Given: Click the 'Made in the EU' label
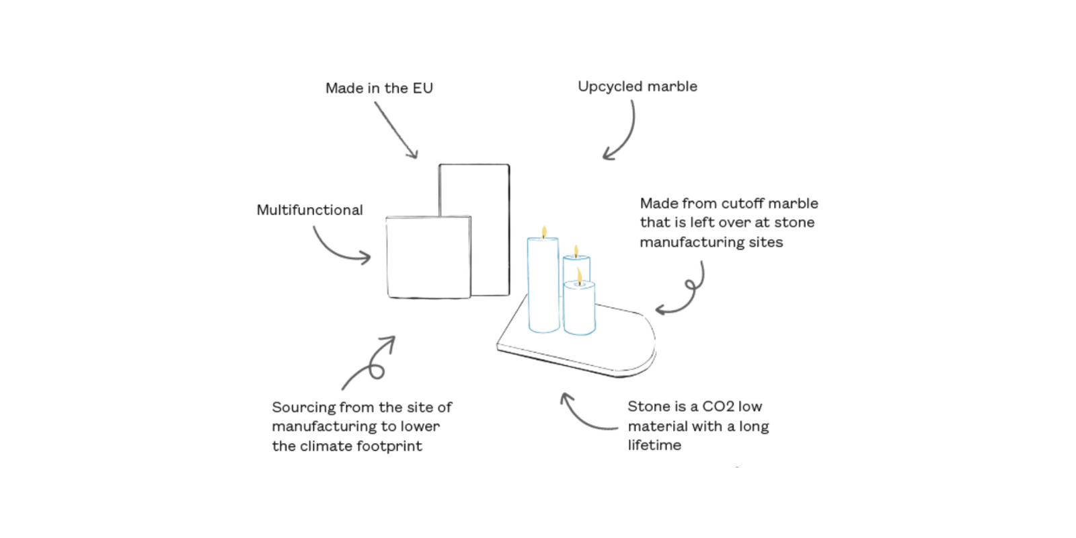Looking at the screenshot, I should (x=379, y=88).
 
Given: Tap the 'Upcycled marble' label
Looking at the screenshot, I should (x=637, y=87).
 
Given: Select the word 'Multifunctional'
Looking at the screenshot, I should (x=309, y=210).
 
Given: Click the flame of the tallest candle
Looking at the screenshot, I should (x=544, y=232).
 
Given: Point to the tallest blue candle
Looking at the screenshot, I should (x=543, y=286).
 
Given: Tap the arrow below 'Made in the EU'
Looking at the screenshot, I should (x=396, y=130).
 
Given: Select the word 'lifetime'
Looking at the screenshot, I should (x=654, y=445).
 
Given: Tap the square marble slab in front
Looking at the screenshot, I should (x=428, y=257).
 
